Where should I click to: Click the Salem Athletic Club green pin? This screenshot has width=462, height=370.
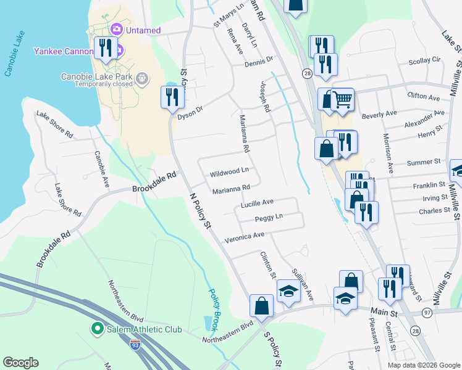click(x=97, y=329)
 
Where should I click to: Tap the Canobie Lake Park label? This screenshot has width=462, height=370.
click(x=98, y=76)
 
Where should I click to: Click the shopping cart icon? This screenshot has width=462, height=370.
click(x=343, y=100)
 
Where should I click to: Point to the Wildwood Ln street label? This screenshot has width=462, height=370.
click(x=230, y=170)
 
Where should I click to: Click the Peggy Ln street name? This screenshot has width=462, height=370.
click(x=269, y=218)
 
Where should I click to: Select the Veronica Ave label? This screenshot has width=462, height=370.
click(x=244, y=236)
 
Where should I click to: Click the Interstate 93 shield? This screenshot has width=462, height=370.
click(x=135, y=345)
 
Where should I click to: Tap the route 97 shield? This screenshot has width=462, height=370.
click(x=427, y=314)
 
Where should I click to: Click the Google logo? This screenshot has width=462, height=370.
click(x=20, y=363)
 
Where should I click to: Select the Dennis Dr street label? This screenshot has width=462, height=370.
click(x=258, y=61)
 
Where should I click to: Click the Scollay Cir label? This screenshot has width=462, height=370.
click(x=424, y=60)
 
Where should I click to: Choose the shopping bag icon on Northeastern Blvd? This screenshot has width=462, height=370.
click(x=261, y=305)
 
